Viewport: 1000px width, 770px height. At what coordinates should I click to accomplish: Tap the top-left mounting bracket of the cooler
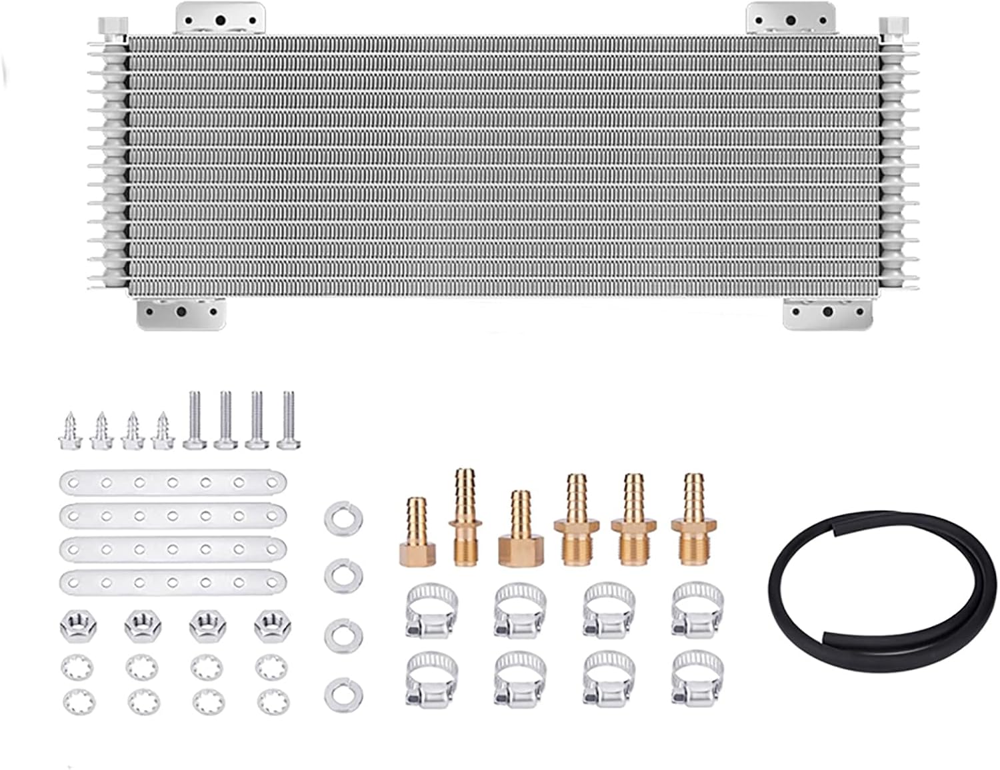(x=220, y=17)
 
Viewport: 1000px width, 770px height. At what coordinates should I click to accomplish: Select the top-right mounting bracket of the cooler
(x=790, y=17)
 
